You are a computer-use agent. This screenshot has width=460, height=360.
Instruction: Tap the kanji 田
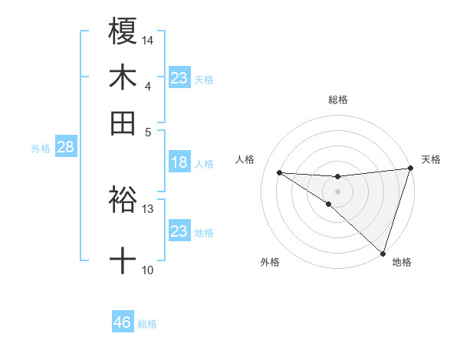[123, 123]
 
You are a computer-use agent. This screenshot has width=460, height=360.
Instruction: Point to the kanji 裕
[123, 200]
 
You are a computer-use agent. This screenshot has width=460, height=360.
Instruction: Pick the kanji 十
[123, 261]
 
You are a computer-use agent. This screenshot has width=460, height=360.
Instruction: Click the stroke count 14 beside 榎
[148, 38]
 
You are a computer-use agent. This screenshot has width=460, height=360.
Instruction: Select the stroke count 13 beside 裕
[148, 208]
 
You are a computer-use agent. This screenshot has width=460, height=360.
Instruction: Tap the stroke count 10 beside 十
[148, 269]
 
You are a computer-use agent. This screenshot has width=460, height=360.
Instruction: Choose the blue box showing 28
[65, 147]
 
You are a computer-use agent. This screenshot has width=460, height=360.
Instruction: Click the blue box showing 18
[179, 162]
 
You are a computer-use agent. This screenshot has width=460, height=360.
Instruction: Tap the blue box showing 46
[123, 322]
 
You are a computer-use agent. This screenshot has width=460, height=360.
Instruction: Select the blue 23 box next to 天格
[179, 78]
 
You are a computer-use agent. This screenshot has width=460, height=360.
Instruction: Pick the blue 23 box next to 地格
[179, 231]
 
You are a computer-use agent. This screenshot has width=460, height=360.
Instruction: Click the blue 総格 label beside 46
[147, 324]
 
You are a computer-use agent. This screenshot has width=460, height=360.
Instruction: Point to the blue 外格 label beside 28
[41, 149]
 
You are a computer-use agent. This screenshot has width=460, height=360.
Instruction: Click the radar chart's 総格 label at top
[337, 100]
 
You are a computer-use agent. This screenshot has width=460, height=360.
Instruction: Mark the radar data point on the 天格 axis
[410, 169]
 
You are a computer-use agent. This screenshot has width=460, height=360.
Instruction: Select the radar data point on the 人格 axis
[279, 172]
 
